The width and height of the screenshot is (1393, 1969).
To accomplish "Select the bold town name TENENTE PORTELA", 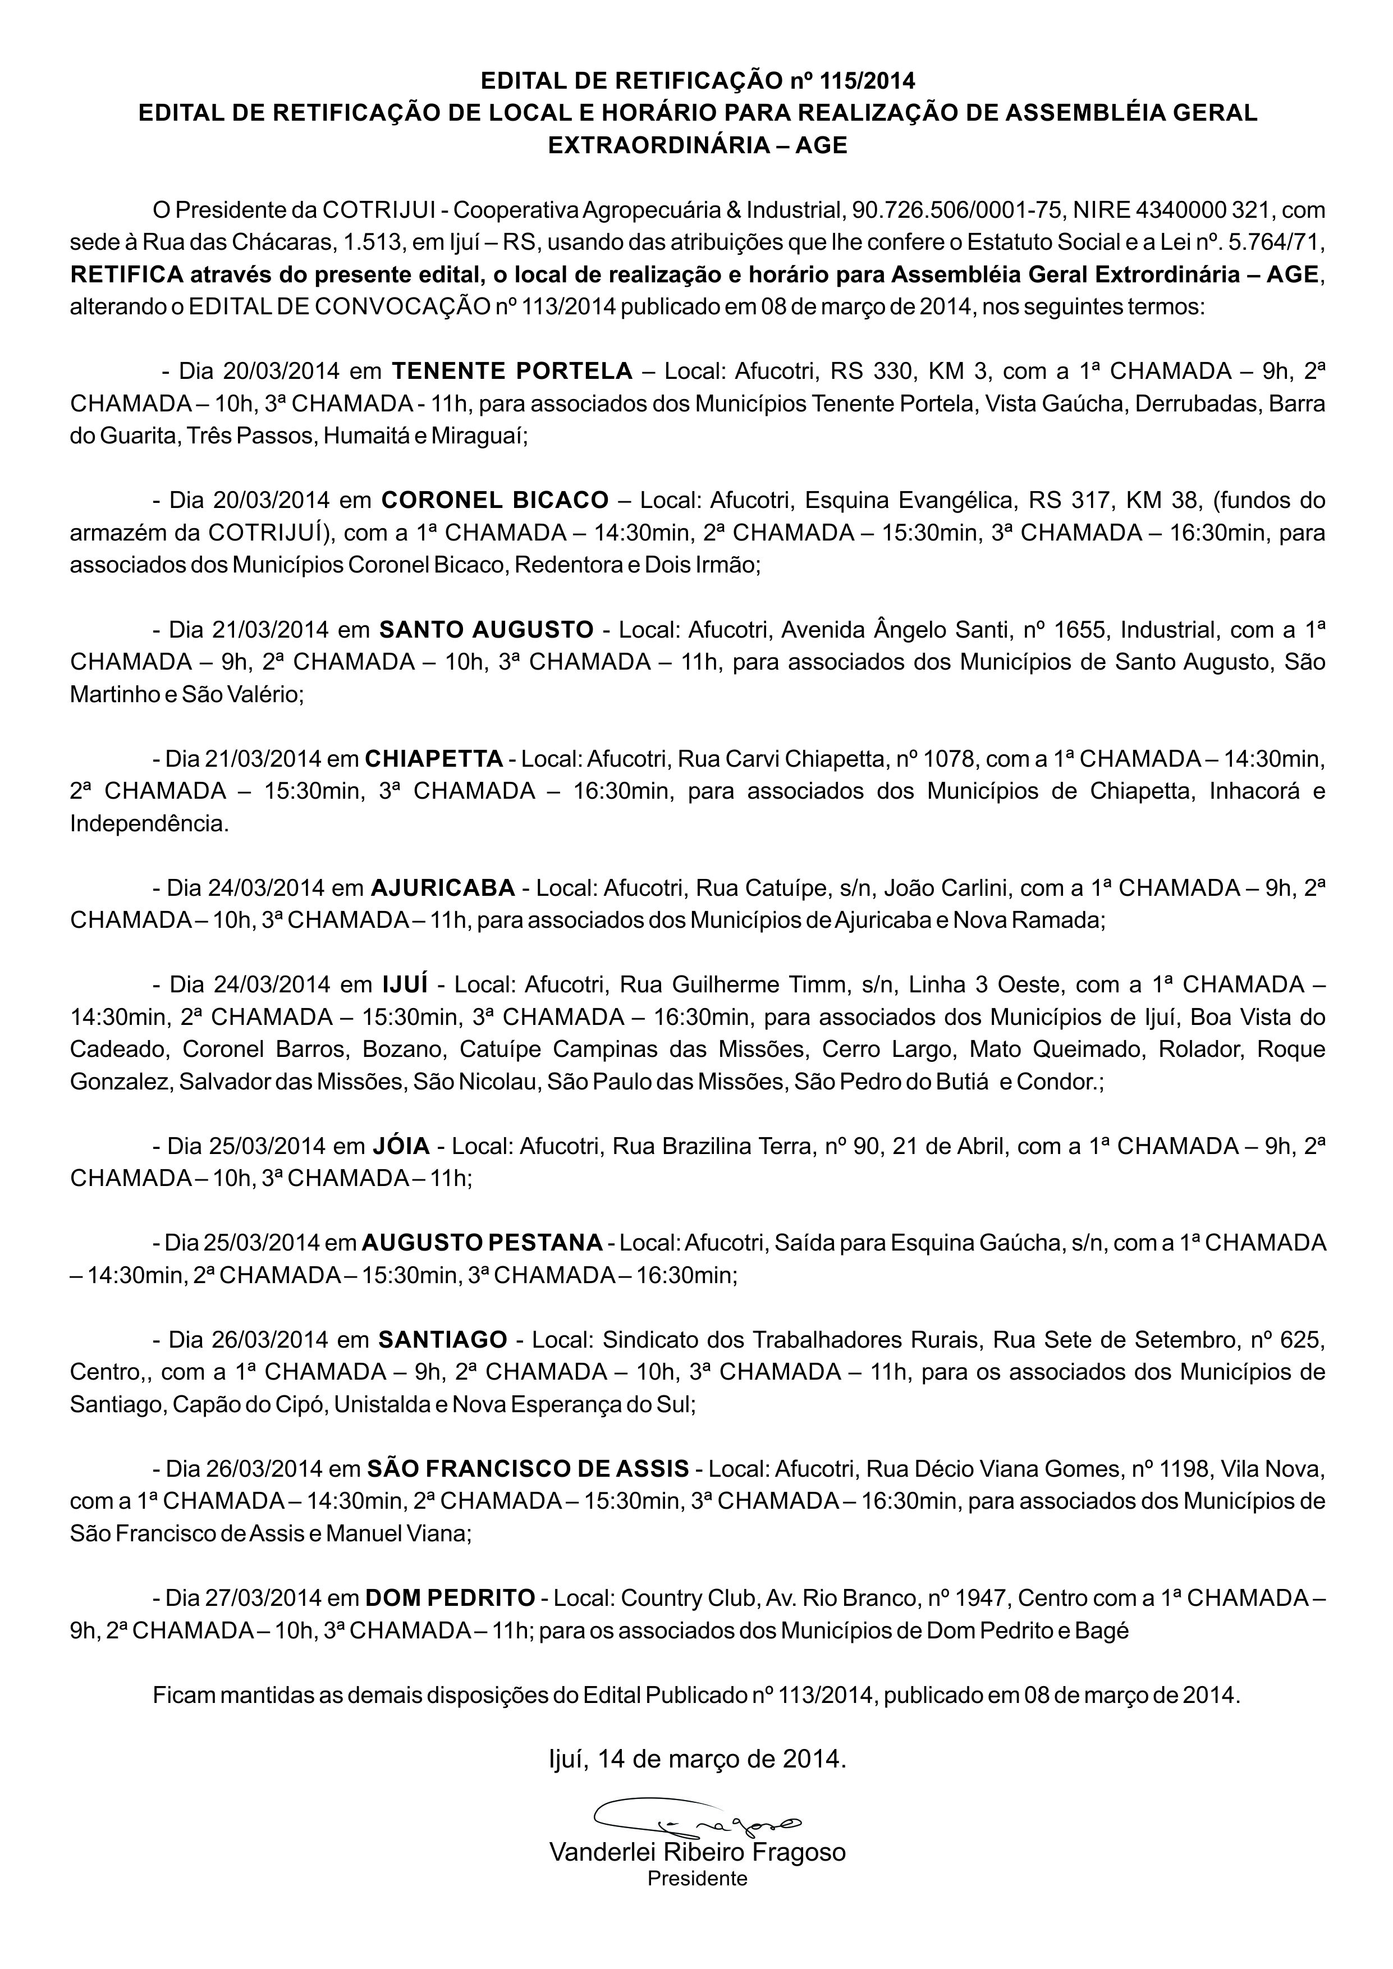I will (512, 372).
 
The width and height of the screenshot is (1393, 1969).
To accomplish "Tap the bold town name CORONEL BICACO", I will (495, 500).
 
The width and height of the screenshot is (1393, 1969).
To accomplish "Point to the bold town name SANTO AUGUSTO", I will (487, 629).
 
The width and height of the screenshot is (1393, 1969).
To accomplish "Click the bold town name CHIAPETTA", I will (434, 759).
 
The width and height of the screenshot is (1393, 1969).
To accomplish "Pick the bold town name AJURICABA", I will (443, 887).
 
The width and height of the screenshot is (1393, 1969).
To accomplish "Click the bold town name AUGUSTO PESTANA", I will (482, 1243).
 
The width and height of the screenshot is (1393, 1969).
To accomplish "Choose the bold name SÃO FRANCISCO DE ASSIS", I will (528, 1469).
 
